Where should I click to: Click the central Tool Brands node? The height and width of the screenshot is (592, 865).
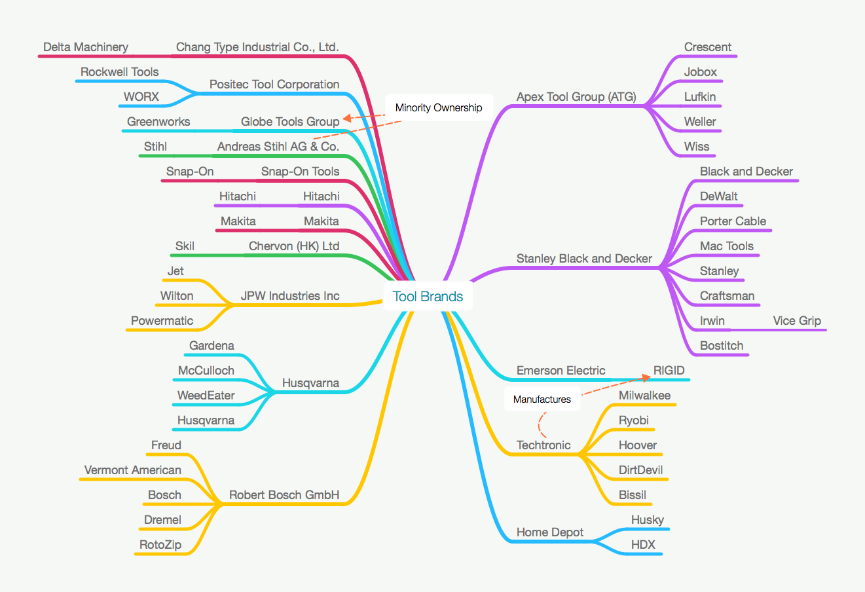click(x=428, y=297)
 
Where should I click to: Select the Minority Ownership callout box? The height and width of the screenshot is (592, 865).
click(x=438, y=108)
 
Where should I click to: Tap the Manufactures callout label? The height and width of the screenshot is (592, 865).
click(x=542, y=399)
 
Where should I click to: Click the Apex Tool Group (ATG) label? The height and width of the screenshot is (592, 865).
click(x=576, y=97)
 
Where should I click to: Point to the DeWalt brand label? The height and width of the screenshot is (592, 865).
click(x=718, y=196)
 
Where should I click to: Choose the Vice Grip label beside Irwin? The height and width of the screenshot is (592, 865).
click(x=796, y=321)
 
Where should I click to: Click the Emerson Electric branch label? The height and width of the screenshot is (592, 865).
click(x=561, y=371)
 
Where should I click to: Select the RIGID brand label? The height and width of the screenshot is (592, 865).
click(x=669, y=371)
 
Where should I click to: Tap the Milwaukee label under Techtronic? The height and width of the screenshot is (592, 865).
click(x=644, y=396)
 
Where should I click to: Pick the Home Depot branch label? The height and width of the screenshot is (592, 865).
click(x=549, y=532)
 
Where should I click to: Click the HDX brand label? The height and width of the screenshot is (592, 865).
click(x=642, y=545)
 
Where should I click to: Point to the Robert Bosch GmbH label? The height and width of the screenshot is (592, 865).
click(x=284, y=495)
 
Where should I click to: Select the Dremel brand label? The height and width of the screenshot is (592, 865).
click(x=162, y=520)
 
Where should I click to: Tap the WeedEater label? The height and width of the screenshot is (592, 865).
click(x=206, y=396)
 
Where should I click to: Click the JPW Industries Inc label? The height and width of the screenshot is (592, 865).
click(x=289, y=296)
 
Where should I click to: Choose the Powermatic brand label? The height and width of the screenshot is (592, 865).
click(x=162, y=321)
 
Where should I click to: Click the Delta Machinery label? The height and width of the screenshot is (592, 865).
click(x=86, y=47)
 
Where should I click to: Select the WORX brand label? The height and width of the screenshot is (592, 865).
click(x=141, y=97)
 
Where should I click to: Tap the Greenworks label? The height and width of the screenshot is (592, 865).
click(x=158, y=122)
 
